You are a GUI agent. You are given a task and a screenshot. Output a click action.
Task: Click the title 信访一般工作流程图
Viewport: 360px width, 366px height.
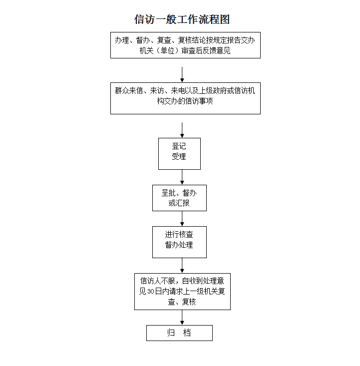pos(182,19)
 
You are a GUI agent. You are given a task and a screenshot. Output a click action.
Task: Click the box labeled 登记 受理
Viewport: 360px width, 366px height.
pos(179,154)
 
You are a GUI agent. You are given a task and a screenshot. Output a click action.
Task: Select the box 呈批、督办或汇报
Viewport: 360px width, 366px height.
pos(179,198)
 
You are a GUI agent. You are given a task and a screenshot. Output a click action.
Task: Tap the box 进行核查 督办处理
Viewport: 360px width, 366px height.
pos(179,242)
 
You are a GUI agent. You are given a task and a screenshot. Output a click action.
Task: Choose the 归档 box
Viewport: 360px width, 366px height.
pos(179,333)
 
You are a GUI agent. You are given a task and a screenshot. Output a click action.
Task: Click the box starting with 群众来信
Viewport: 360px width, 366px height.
pos(185,98)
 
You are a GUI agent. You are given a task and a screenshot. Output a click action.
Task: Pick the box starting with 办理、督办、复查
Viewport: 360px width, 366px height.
pos(185,45)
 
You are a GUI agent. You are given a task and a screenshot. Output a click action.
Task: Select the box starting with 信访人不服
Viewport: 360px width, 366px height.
pos(182,292)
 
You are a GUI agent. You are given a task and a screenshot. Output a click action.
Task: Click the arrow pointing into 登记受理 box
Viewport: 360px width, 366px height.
pos(182,130)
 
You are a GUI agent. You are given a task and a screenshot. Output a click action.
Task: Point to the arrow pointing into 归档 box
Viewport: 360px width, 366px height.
pos(182,318)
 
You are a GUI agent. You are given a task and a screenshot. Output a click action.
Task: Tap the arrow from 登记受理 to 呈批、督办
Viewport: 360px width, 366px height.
pos(182,177)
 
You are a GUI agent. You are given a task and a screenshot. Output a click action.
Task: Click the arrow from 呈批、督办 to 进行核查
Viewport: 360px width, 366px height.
pos(182,219)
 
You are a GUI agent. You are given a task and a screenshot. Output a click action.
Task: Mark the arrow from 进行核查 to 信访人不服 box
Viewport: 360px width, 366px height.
pos(182,266)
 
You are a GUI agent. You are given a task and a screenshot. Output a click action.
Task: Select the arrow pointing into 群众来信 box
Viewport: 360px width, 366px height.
pos(182,75)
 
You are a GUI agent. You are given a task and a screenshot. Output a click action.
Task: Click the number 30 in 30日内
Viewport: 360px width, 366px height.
pos(151,292)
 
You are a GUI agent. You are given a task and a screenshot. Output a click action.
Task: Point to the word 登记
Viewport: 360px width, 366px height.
pos(179,146)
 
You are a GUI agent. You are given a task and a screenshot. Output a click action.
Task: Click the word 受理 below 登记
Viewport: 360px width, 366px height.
pos(179,156)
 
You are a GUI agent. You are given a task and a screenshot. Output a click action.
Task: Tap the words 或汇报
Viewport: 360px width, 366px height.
pos(179,203)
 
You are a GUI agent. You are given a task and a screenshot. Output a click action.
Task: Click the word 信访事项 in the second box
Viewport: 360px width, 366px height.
pos(199,101)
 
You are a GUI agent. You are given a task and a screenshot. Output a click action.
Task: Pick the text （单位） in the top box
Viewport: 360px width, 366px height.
pos(167,50)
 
